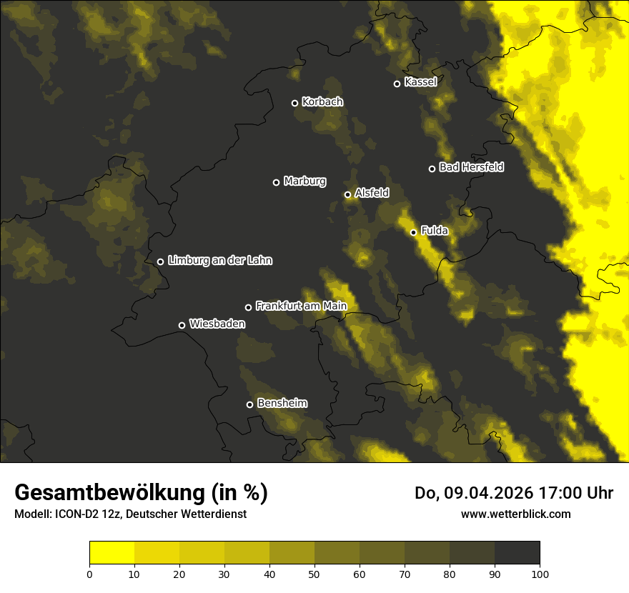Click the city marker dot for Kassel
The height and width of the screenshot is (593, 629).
tap(397, 84)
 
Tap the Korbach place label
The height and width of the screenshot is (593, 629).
tap(322, 102)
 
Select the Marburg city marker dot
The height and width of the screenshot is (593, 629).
tap(277, 182)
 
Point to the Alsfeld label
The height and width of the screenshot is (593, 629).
tap(372, 193)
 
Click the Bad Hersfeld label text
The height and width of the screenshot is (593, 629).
tap(471, 167)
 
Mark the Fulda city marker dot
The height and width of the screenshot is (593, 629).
tap(413, 232)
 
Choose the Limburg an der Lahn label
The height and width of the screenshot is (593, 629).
tap(220, 261)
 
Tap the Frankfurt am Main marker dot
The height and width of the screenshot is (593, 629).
tap(249, 307)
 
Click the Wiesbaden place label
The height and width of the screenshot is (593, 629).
tap(217, 324)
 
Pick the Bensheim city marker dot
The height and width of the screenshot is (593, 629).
tap(249, 404)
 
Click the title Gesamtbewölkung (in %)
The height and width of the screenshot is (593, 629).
tap(141, 492)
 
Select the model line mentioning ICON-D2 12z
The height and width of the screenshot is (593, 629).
tap(130, 514)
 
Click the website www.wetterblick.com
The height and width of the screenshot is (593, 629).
tap(516, 514)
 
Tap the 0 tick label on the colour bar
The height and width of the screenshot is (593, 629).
tap(89, 574)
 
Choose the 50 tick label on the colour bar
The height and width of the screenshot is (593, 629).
tap(314, 574)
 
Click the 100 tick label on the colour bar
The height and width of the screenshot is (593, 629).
tap(540, 574)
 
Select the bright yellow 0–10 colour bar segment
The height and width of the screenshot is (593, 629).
tap(112, 553)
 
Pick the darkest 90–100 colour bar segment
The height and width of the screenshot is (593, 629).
tap(517, 553)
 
